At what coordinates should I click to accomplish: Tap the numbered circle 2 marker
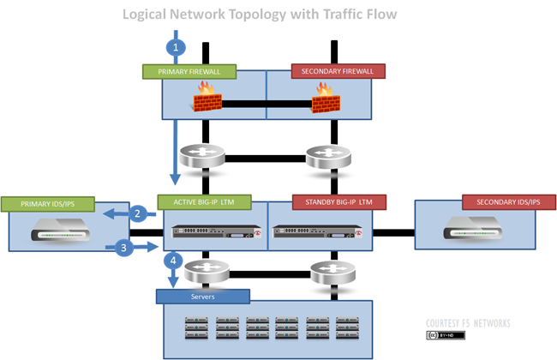pyautogui.click(x=137, y=213)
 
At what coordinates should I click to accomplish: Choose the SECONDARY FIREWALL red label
pyautogui.click(x=338, y=71)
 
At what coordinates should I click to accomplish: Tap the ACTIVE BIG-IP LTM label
pyautogui.click(x=204, y=202)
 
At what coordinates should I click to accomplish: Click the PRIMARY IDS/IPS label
pyautogui.click(x=47, y=203)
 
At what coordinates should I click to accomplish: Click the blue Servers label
pyautogui.click(x=202, y=297)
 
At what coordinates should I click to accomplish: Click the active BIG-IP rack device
pyautogui.click(x=214, y=231)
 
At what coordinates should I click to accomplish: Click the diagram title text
pyautogui.click(x=260, y=15)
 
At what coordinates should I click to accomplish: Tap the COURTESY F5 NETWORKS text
pyautogui.click(x=468, y=323)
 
